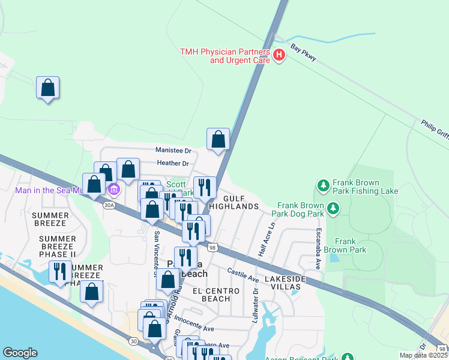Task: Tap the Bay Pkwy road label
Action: click(303, 52)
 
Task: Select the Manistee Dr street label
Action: click(173, 151)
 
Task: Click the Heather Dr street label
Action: click(173, 163)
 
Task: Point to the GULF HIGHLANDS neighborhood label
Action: click(241, 202)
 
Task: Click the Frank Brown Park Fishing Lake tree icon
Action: click(323, 185)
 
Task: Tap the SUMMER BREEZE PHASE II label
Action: click(58, 246)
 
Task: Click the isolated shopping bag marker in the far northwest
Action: click(48, 88)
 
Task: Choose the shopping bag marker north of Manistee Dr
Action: click(218, 139)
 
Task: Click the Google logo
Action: click(20, 353)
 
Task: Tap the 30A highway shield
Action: click(109, 205)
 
